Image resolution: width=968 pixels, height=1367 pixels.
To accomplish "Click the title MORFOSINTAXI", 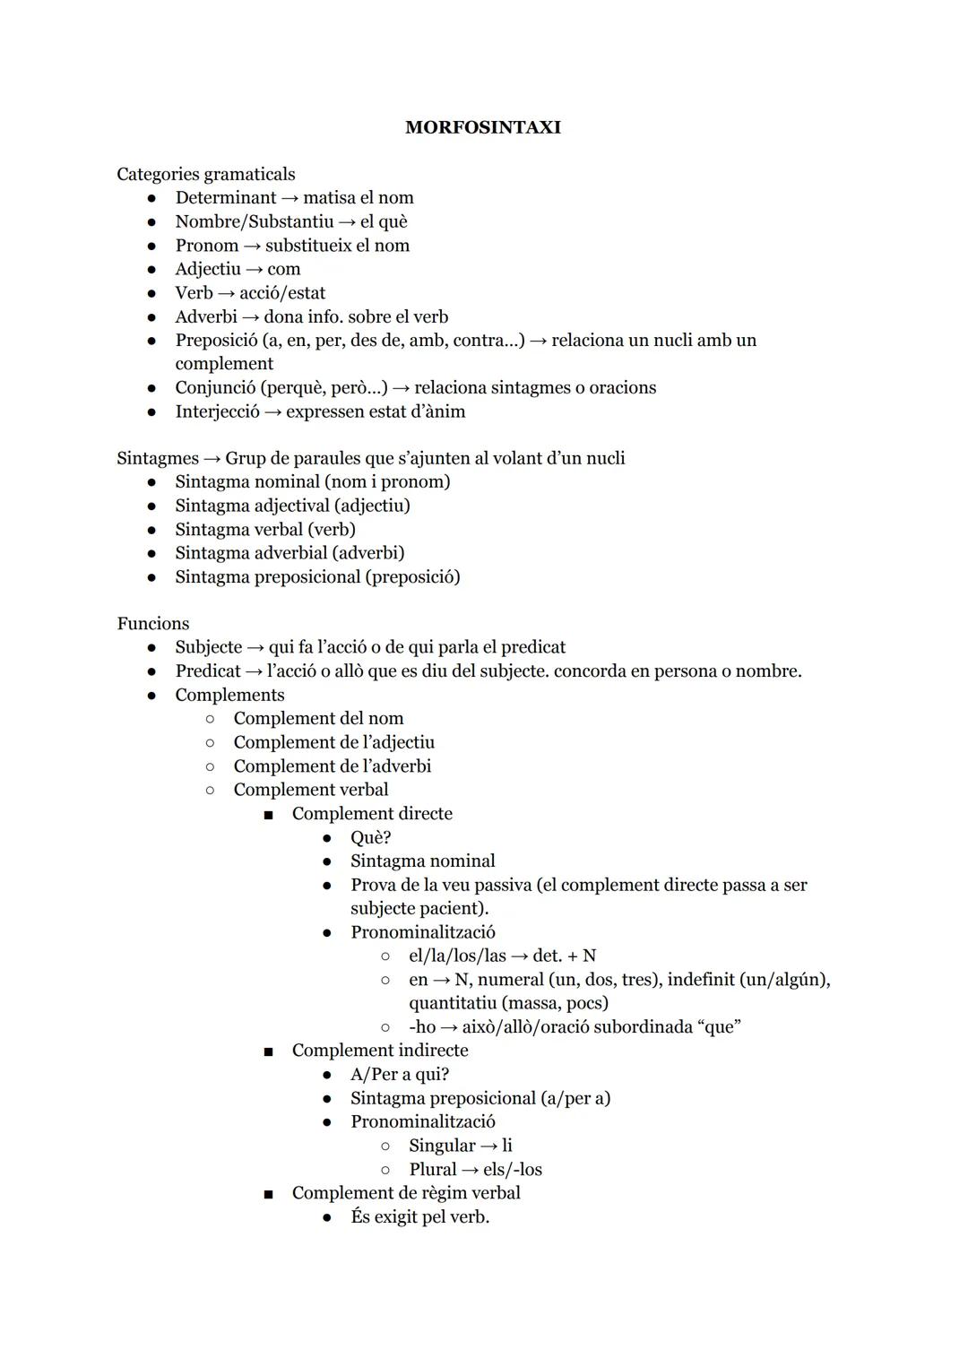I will coord(482,127).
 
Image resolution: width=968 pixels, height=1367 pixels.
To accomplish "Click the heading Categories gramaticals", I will coord(205,174).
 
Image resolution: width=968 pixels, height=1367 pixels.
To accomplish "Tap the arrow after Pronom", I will coord(252,246).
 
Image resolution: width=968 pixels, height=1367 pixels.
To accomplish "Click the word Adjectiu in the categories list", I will coord(208,269).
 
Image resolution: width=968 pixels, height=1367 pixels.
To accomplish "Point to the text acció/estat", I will coord(282,293).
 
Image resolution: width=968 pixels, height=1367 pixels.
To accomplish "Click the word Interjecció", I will coord(217,411).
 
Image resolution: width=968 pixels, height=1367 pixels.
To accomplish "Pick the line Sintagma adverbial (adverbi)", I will coord(290,553).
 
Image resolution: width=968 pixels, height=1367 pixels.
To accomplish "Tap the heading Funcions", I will coord(153,623).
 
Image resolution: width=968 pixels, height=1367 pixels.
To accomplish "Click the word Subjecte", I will coord(208,647).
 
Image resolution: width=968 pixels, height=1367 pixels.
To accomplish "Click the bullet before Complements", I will coord(153,695).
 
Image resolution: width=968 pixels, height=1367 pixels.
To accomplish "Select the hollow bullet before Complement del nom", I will coord(210,719).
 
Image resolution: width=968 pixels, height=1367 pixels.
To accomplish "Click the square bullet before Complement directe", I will coord(268,815).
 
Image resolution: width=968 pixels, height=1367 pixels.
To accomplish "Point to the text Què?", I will coord(370,837).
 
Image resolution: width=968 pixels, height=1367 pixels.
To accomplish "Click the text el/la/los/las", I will coord(457,956).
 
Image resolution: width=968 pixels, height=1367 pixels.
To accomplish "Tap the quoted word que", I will coord(722,1026).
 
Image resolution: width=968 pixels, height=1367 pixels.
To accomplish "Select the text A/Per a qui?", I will coord(400,1074).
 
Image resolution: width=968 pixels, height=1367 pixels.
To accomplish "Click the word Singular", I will coord(442,1146).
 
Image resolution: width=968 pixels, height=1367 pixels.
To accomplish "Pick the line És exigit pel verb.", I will coord(419,1217).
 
